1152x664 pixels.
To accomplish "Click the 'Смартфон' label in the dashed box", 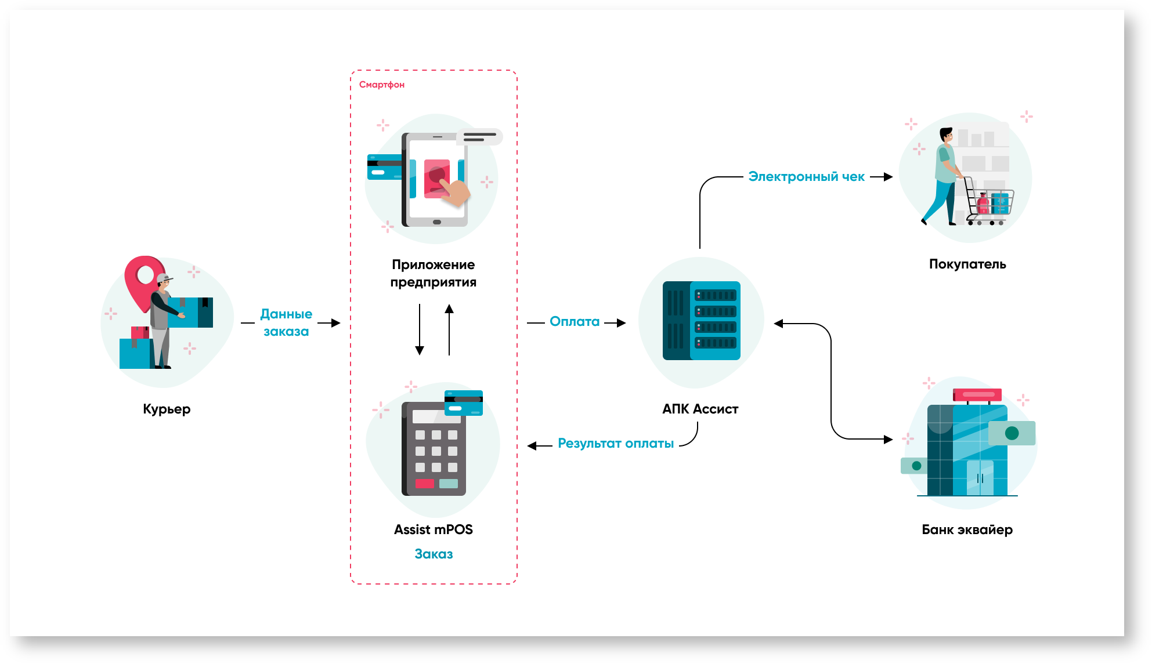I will click(381, 85).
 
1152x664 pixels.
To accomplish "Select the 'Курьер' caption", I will click(167, 409).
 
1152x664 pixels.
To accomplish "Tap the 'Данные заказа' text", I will click(286, 322).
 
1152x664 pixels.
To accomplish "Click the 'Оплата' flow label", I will click(575, 322).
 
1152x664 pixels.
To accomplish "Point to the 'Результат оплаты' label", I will click(615, 444).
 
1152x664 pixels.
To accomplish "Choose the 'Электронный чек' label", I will click(806, 177).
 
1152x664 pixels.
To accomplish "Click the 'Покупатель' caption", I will click(967, 264).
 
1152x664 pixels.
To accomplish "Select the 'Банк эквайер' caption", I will click(967, 530).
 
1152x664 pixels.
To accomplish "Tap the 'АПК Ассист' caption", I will click(700, 409).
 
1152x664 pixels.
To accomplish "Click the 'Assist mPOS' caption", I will click(433, 530).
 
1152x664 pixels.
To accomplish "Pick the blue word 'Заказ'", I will click(434, 554).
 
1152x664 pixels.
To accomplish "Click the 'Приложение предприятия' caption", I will click(433, 274).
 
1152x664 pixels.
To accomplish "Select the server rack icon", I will click(701, 321).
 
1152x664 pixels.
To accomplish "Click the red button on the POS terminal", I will click(424, 484).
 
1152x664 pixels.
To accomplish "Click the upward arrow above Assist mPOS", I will click(449, 329).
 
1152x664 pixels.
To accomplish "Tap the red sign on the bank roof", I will click(977, 395).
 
